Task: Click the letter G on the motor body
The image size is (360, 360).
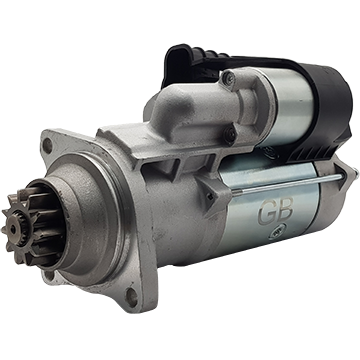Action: (x=266, y=213)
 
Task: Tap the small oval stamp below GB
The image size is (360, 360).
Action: (x=276, y=234)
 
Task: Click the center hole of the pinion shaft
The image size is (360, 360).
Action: (x=13, y=229)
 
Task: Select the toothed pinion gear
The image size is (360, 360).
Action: (x=22, y=227)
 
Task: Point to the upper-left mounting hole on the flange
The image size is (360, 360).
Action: (x=48, y=146)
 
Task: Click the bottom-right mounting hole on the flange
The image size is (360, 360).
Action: (x=131, y=297)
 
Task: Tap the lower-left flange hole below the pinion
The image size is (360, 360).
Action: (x=49, y=275)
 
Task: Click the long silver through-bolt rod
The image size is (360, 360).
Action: (x=287, y=184)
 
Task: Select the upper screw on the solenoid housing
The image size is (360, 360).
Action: (x=229, y=78)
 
